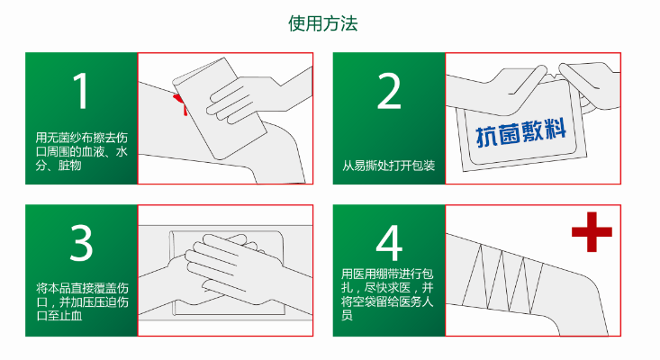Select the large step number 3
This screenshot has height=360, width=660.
coord(81,243)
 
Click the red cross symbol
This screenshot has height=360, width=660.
coord(592,233)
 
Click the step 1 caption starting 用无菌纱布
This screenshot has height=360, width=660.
coord(81,151)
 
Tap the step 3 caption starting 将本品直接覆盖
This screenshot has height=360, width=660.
coord(81,301)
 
